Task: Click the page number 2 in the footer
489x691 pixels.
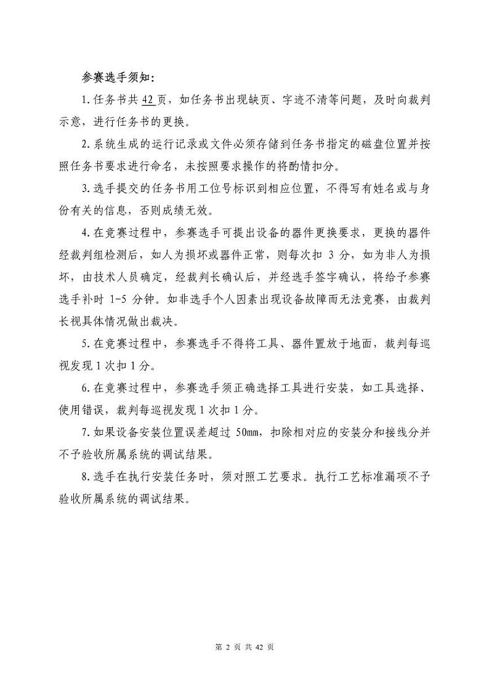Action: coord(228,648)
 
